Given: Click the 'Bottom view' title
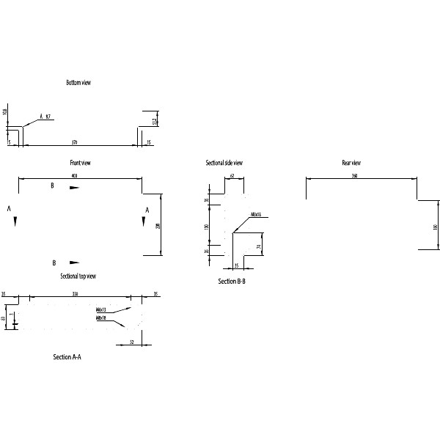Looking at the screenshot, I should tap(78, 83).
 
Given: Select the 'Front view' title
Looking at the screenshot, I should tap(79, 163).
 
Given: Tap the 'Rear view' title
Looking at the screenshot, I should tap(351, 163).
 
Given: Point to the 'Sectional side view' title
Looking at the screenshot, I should tap(224, 163).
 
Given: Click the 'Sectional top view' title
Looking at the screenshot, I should tap(78, 276).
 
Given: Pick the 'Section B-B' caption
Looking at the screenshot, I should tap(231, 281).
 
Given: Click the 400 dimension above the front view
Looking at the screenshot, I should tap(75, 176).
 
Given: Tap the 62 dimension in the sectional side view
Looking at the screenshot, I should tap(232, 176).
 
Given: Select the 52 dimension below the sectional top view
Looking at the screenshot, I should tap(131, 342).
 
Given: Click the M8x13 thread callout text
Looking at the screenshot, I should tap(101, 310).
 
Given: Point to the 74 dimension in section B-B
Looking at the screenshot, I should tap(259, 246).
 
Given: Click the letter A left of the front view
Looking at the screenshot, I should tap(9, 209).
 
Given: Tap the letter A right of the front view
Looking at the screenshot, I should tap(147, 210).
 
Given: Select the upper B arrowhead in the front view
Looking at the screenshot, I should tap(74, 188).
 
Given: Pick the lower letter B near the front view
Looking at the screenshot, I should tap(54, 262).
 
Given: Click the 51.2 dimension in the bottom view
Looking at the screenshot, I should tap(154, 120).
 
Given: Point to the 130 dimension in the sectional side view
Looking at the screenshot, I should tap(207, 227).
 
